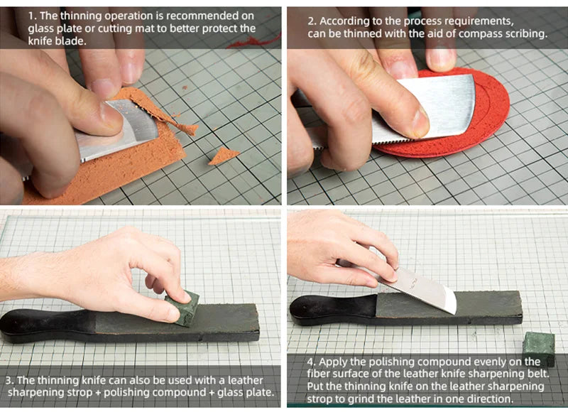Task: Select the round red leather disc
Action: [x=490, y=114]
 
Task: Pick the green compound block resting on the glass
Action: [x=538, y=347]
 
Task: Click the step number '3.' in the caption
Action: [x=9, y=380]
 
